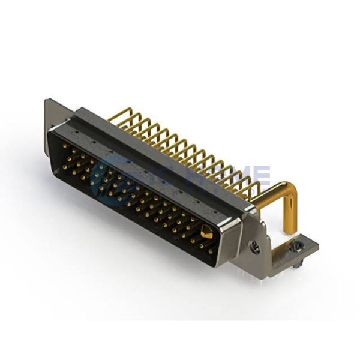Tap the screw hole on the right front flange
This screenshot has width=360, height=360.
(254, 245)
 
